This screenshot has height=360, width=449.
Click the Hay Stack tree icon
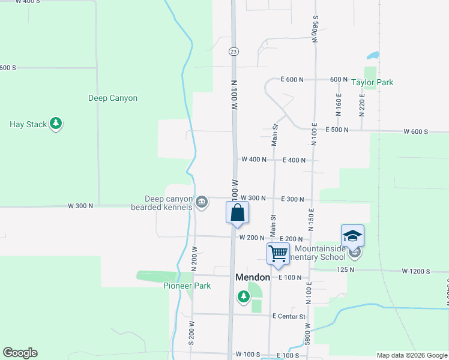[x=56, y=124]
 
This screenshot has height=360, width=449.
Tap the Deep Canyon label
[x=113, y=98]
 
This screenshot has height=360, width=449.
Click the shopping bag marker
[x=237, y=212]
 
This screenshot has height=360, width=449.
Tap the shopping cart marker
[x=278, y=253]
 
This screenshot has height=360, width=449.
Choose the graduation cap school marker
[x=352, y=235]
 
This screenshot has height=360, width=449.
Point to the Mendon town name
[x=253, y=278]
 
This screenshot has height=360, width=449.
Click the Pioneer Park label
[x=187, y=286]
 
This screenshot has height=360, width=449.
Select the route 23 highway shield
[x=234, y=52]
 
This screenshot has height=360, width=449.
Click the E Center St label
[x=289, y=316]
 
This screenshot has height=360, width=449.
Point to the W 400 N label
[x=253, y=160]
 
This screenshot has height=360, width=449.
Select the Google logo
[x=20, y=353]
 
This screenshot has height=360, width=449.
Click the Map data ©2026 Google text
[x=411, y=355]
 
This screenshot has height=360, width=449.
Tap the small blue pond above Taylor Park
[x=373, y=56]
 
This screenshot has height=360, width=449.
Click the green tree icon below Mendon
[x=243, y=296]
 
